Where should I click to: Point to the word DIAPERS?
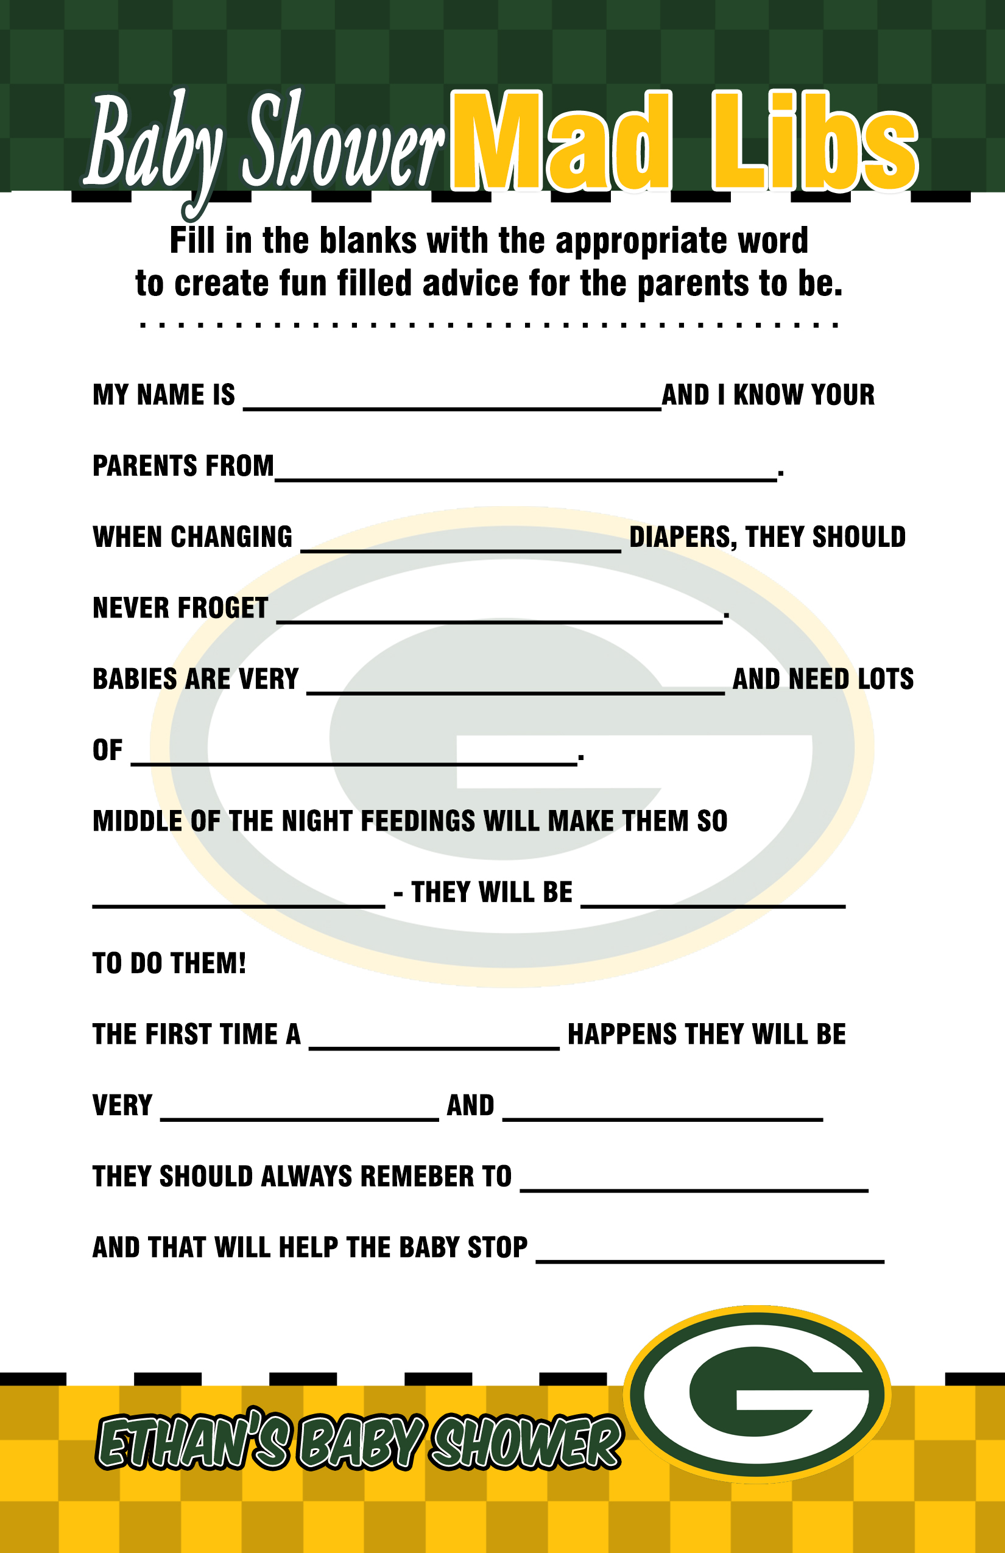point(682,537)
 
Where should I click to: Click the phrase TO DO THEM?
point(169,963)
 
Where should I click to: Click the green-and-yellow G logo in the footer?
point(757,1393)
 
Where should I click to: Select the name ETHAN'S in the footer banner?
point(192,1442)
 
